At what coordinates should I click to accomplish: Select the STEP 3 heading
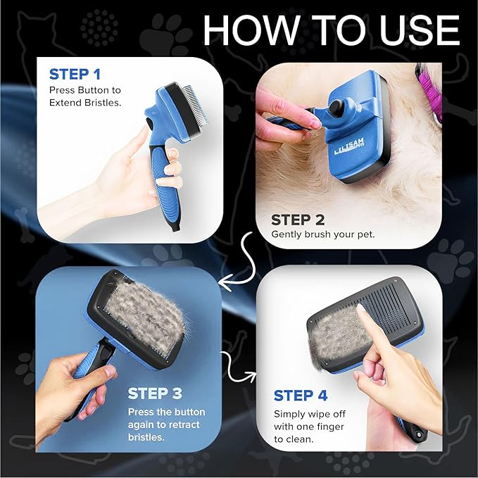(x=158, y=393)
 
